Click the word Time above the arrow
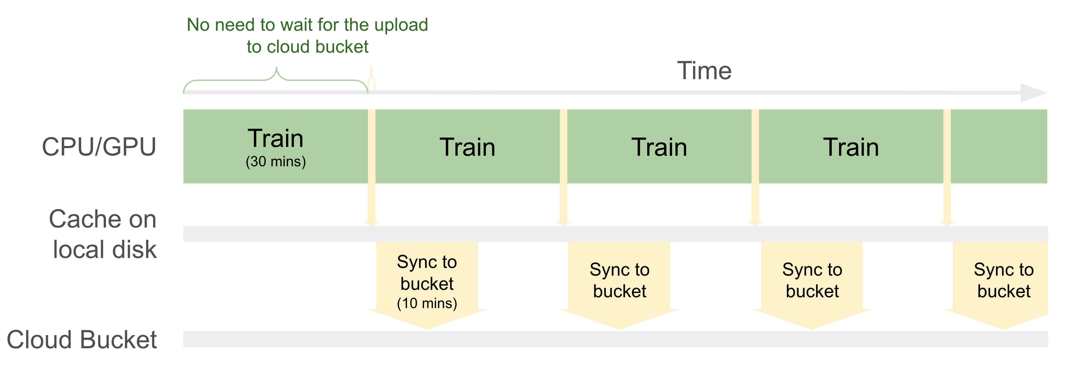coord(704,71)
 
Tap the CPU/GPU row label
coord(99,147)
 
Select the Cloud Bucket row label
coord(82,340)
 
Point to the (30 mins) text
coord(276,161)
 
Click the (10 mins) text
coord(427,303)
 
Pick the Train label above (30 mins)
coord(276,138)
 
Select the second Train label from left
coord(468,147)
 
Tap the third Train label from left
coord(659,147)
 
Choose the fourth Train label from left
coord(851,147)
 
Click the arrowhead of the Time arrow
coord(1033,93)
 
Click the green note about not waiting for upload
coord(307,36)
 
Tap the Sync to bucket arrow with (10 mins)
coord(427,286)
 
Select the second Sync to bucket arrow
coord(619,286)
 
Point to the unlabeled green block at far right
coord(999,146)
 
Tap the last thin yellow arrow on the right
coord(947,167)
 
